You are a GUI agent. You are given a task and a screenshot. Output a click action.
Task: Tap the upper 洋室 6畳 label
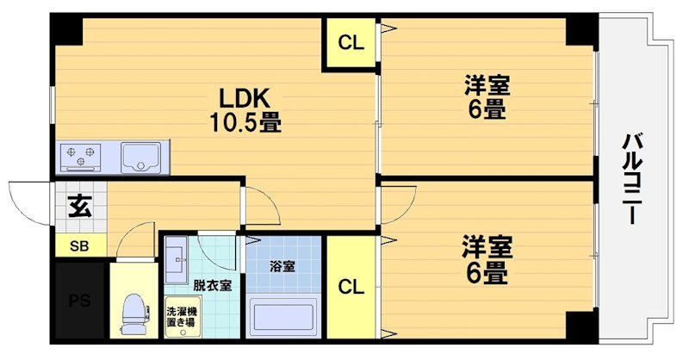pyautogui.click(x=487, y=97)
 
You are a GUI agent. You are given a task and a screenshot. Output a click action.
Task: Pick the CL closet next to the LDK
pyautogui.click(x=351, y=42)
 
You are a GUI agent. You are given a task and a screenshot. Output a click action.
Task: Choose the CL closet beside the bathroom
pyautogui.click(x=351, y=286)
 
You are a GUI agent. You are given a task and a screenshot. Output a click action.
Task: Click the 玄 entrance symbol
pyautogui.click(x=79, y=207)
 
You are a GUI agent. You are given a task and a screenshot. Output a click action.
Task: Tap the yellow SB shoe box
pyautogui.click(x=79, y=245)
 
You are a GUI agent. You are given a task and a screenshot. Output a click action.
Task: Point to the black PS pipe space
pyautogui.click(x=78, y=301)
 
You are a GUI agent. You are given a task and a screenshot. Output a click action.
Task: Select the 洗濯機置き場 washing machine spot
pyautogui.click(x=181, y=316)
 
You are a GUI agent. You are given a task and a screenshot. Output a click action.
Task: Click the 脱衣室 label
pyautogui.click(x=212, y=285)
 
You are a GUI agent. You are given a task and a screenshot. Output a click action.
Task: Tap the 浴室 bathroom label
pyautogui.click(x=283, y=266)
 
